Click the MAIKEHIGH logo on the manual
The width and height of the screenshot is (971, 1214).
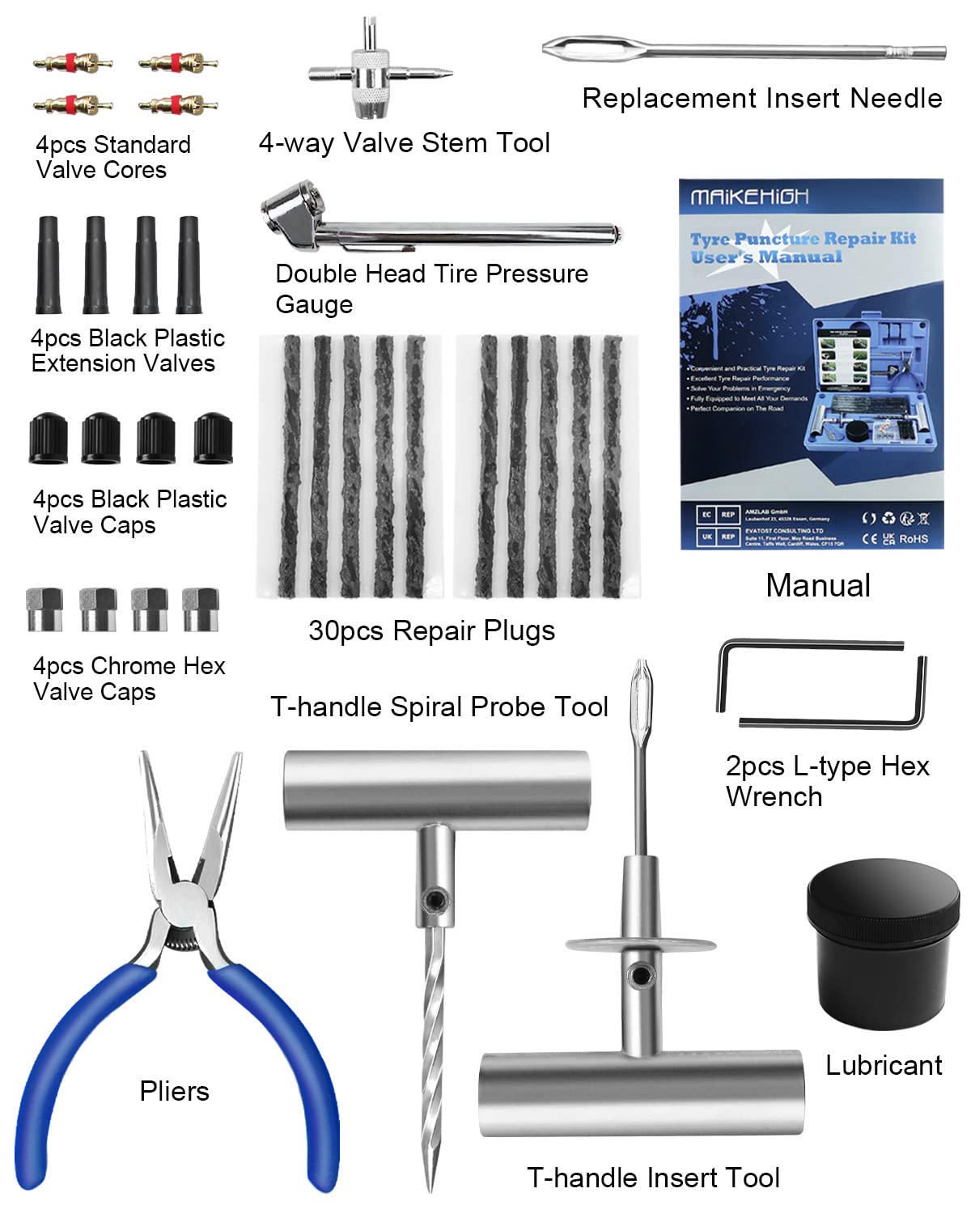[x=748, y=197]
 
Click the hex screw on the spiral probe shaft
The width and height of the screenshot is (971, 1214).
[x=436, y=898]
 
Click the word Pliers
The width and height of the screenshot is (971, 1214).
[x=174, y=1091]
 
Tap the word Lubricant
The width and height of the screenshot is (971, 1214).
[x=884, y=1065]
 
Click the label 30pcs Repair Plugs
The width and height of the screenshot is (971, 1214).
[x=431, y=630]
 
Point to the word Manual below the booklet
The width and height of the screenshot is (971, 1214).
[x=818, y=585]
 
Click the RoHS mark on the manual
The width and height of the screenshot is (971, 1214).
[x=914, y=538]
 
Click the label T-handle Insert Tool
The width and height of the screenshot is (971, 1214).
[x=653, y=1178]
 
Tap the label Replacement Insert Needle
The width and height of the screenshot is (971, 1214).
[x=762, y=98]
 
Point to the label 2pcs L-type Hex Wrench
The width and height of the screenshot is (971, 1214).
[x=827, y=781]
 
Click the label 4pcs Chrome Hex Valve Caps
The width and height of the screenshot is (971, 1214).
[x=129, y=678]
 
